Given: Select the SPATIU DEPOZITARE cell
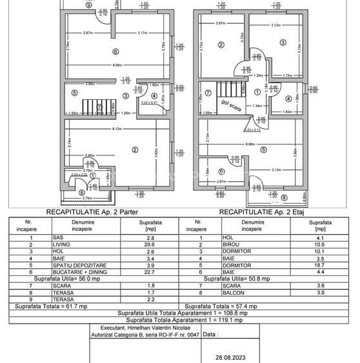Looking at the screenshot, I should (74, 264).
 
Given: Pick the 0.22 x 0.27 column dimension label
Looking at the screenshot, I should (150, 102).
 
